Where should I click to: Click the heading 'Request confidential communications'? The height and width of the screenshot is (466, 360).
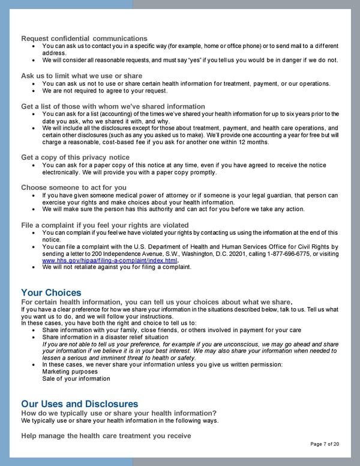(84, 38)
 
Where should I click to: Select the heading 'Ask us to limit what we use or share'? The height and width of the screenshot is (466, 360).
(82, 76)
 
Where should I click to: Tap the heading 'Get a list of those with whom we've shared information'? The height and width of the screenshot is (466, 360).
(113, 106)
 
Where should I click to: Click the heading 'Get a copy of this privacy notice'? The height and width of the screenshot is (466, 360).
(75, 157)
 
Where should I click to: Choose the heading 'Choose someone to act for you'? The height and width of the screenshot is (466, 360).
(74, 187)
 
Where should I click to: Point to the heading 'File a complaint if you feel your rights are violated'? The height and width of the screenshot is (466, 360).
(105, 225)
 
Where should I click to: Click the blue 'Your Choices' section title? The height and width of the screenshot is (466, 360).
(51, 293)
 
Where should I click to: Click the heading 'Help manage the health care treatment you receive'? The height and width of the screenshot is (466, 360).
(106, 435)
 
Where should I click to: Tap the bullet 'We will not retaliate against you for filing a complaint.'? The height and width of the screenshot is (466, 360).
(117, 267)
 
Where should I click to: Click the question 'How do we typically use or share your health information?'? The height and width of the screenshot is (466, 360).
(119, 413)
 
